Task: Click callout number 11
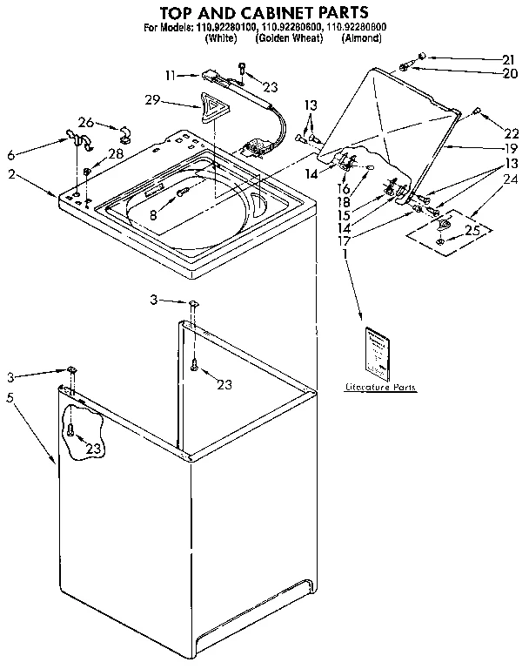(170, 75)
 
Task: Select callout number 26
(85, 121)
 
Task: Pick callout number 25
(473, 231)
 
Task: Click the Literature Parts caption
(381, 386)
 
